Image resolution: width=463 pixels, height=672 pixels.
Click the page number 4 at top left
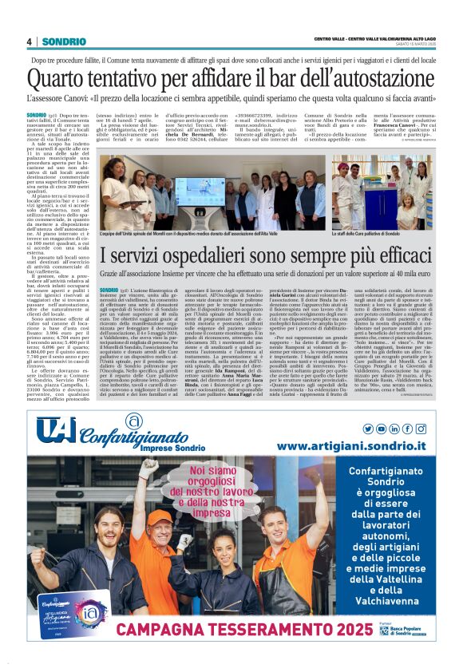(30, 42)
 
